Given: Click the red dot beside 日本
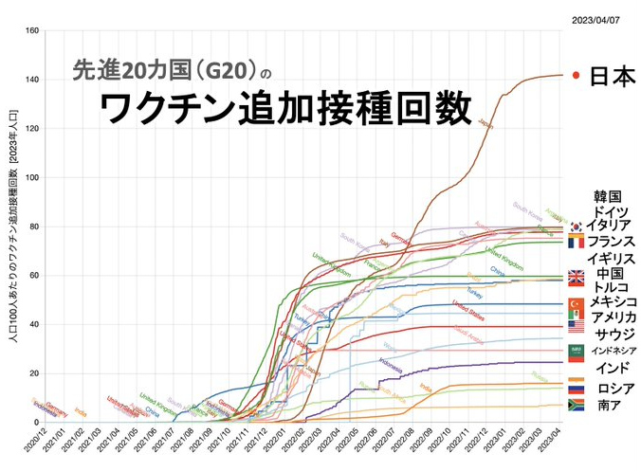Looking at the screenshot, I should point(575,76).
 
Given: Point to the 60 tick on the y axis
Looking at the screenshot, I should point(34,276).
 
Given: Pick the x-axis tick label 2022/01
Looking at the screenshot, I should point(274,443).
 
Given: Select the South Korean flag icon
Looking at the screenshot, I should point(575,226).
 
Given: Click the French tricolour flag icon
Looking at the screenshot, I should point(575,243).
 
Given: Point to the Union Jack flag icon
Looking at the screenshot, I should point(576,278).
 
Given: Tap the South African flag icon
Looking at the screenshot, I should point(576,405).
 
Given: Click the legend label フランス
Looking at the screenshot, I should point(609,243).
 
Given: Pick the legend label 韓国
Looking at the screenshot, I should point(607,196).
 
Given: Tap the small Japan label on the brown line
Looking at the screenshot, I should point(485,124).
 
